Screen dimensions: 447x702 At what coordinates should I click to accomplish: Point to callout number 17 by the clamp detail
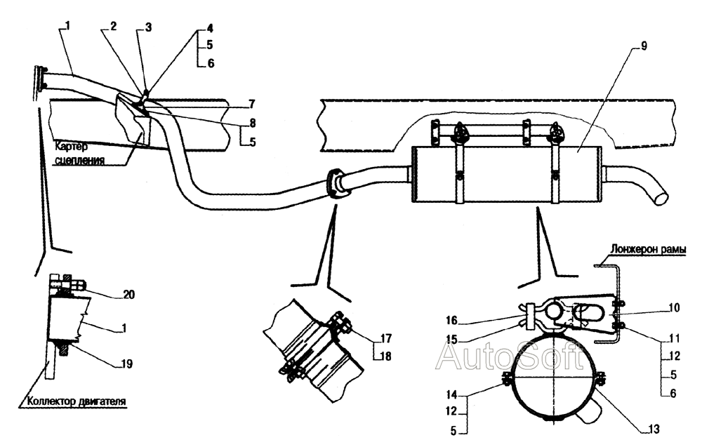pyautogui.click(x=386, y=337)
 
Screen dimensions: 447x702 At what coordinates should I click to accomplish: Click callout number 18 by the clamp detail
pyautogui.click(x=386, y=357)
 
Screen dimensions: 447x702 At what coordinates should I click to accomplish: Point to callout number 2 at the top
pyautogui.click(x=113, y=26)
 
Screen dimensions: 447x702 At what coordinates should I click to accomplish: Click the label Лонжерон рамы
pyautogui.click(x=647, y=248)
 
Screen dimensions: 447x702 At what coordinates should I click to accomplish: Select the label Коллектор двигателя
pyautogui.click(x=77, y=403)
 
